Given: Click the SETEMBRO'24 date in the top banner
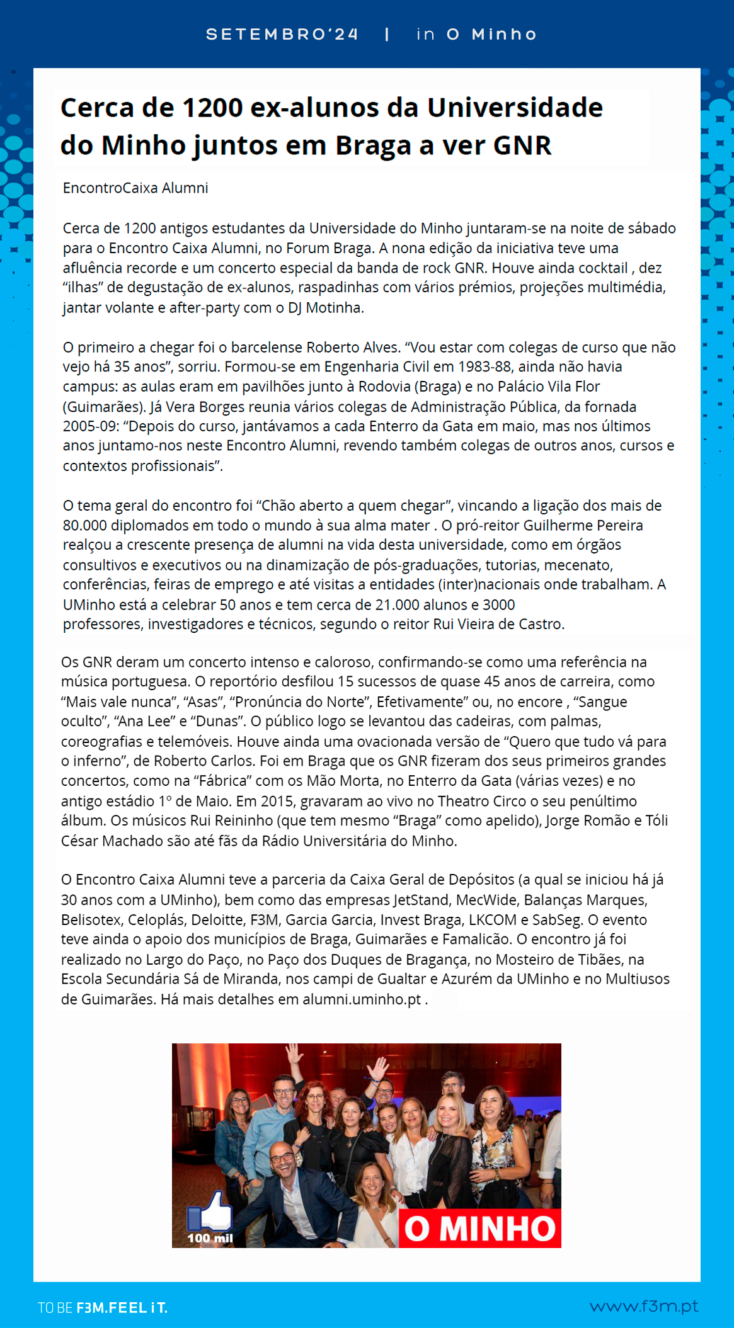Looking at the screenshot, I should pyautogui.click(x=282, y=34).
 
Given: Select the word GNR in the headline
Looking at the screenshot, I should pyautogui.click(x=522, y=145).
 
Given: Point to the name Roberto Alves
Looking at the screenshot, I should pyautogui.click(x=353, y=348).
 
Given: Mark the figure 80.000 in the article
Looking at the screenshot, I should pyautogui.click(x=85, y=525).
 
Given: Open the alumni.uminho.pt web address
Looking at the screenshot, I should pyautogui.click(x=362, y=999).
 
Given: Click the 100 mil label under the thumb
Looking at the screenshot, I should pyautogui.click(x=210, y=1238).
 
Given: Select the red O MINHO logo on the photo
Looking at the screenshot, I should pyautogui.click(x=480, y=1229).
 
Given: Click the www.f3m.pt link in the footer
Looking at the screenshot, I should pyautogui.click(x=643, y=1306).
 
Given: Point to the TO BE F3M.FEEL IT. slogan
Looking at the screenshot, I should pyautogui.click(x=103, y=1308).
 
